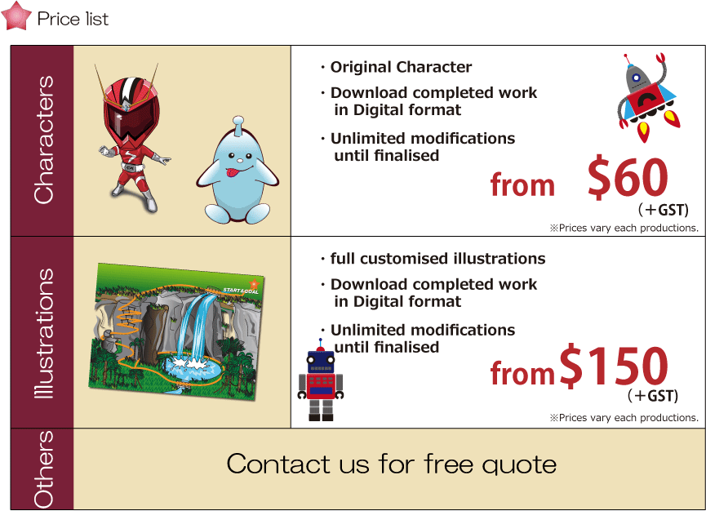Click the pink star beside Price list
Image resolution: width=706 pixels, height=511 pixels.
(16, 16)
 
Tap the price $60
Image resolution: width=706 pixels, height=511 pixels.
(628, 178)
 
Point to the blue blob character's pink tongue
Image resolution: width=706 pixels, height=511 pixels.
(233, 172)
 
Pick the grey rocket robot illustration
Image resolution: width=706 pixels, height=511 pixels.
(646, 97)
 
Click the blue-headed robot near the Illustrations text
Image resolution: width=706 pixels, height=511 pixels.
(321, 381)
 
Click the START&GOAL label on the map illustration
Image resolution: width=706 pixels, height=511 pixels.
(241, 291)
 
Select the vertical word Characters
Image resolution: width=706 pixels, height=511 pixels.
(44, 140)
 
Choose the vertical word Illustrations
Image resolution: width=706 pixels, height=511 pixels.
(44, 333)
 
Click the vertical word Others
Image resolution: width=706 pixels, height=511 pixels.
(44, 469)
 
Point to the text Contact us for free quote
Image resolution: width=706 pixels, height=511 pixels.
(391, 464)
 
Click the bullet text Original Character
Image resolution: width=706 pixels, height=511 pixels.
(401, 67)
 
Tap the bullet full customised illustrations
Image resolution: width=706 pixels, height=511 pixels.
(437, 259)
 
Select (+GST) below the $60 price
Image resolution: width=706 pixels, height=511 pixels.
(664, 210)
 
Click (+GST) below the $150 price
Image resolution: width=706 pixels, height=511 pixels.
(652, 395)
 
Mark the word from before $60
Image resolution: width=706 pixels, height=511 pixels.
(522, 184)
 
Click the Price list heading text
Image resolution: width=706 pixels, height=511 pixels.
(73, 19)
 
